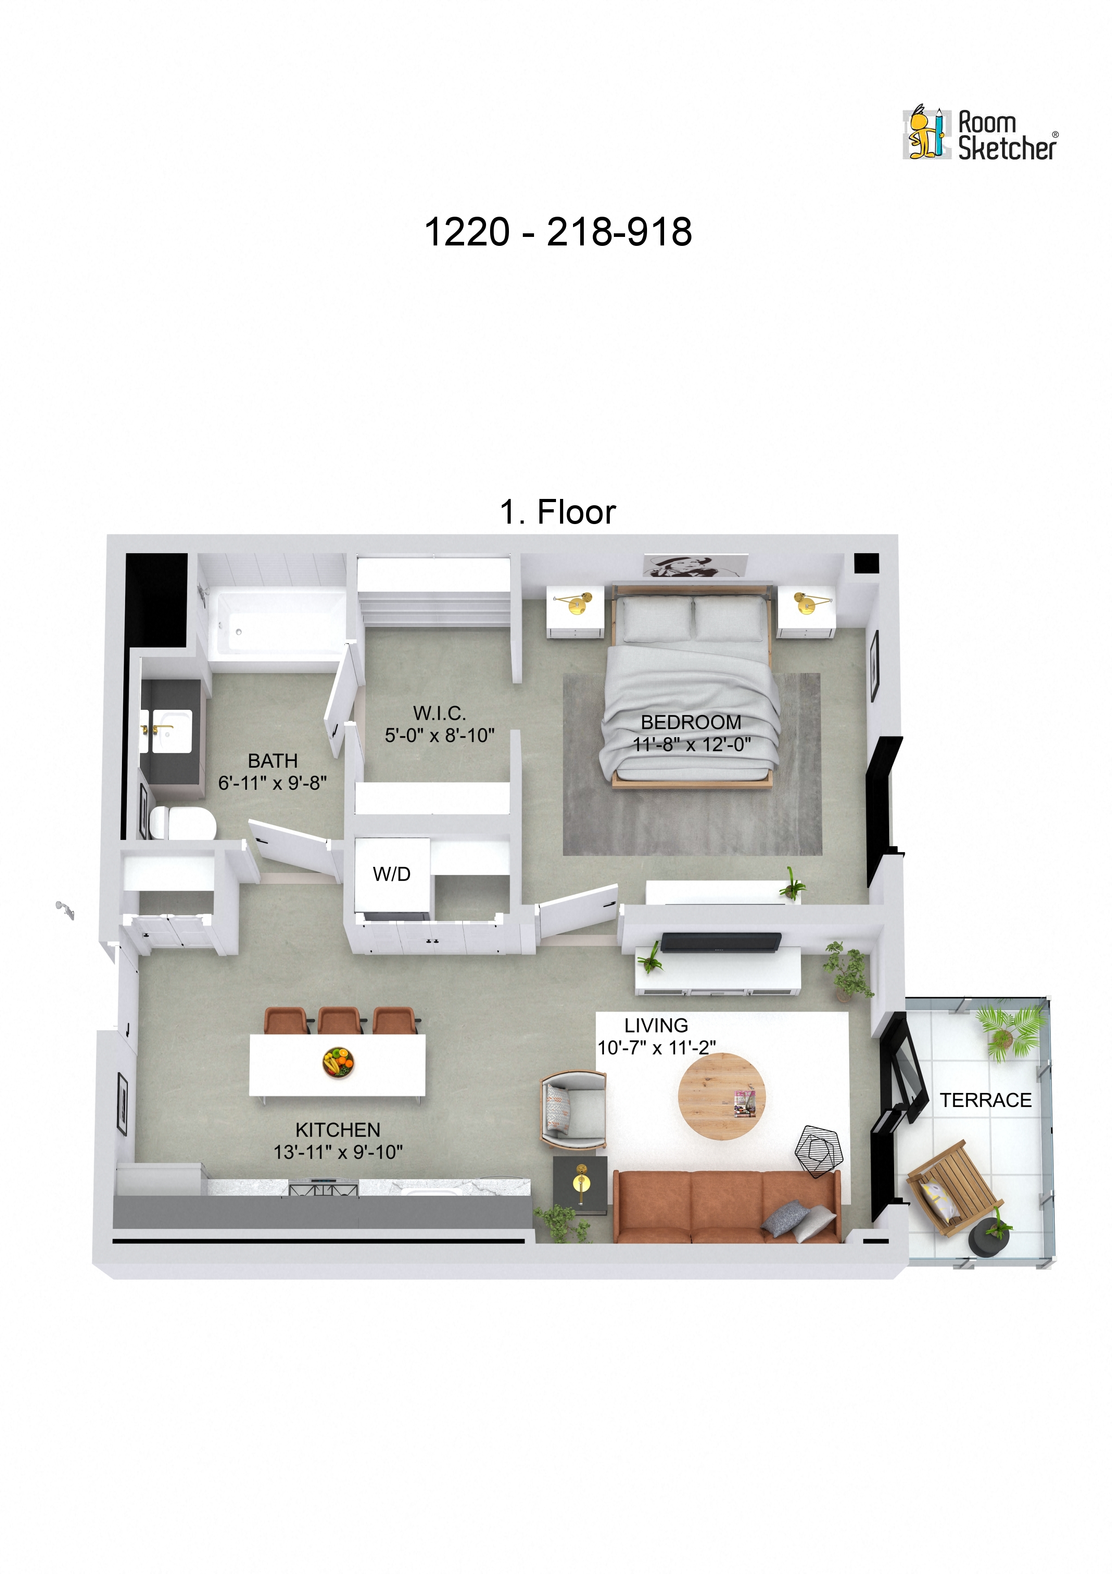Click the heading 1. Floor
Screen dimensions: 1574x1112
click(x=558, y=512)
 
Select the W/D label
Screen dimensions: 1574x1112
click(x=391, y=874)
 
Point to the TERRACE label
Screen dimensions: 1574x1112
click(x=985, y=1100)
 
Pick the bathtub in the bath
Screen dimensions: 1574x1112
click(x=278, y=625)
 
